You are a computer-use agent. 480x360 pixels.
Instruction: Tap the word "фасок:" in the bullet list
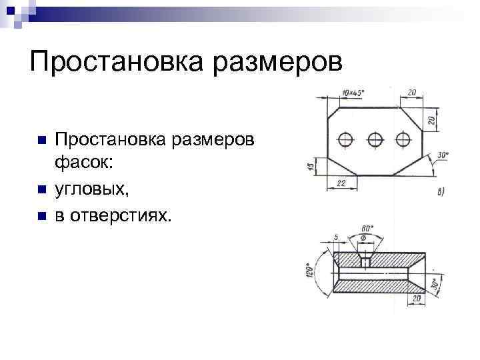85,164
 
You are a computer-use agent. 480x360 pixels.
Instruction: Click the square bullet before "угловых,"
42,191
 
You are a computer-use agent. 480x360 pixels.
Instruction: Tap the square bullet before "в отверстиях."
42,216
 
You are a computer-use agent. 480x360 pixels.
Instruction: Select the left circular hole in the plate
346,139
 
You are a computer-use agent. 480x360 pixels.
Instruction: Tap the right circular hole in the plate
402,139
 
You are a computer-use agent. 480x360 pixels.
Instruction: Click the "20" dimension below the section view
416,299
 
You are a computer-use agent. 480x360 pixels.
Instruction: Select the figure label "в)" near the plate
441,192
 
